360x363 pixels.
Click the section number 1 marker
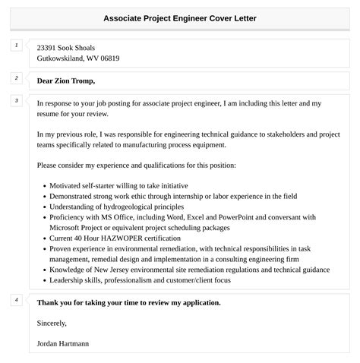click(16, 46)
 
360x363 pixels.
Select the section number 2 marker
click(16, 78)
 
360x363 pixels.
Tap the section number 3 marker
click(16, 100)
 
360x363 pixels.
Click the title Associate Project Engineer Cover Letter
click(180, 19)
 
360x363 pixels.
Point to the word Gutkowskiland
click(60, 58)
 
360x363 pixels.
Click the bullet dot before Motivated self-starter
click(44, 185)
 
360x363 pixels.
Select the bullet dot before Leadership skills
click(44, 280)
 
